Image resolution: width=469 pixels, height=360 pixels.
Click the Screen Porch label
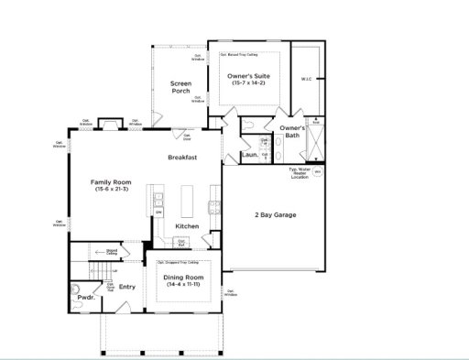pyautogui.click(x=180, y=87)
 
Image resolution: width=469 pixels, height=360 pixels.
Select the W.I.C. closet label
pyautogui.click(x=307, y=79)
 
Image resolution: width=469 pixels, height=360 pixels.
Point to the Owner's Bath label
pyautogui.click(x=292, y=132)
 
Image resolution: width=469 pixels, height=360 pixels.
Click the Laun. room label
pyautogui.click(x=248, y=155)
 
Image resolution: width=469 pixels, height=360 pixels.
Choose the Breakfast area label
pyautogui.click(x=183, y=158)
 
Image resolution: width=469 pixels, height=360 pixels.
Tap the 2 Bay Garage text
pyautogui.click(x=275, y=215)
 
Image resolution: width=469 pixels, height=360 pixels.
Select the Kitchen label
pyautogui.click(x=188, y=226)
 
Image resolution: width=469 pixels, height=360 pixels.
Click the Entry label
pyautogui.click(x=127, y=287)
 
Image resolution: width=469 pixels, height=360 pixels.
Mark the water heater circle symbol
pyautogui.click(x=319, y=171)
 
